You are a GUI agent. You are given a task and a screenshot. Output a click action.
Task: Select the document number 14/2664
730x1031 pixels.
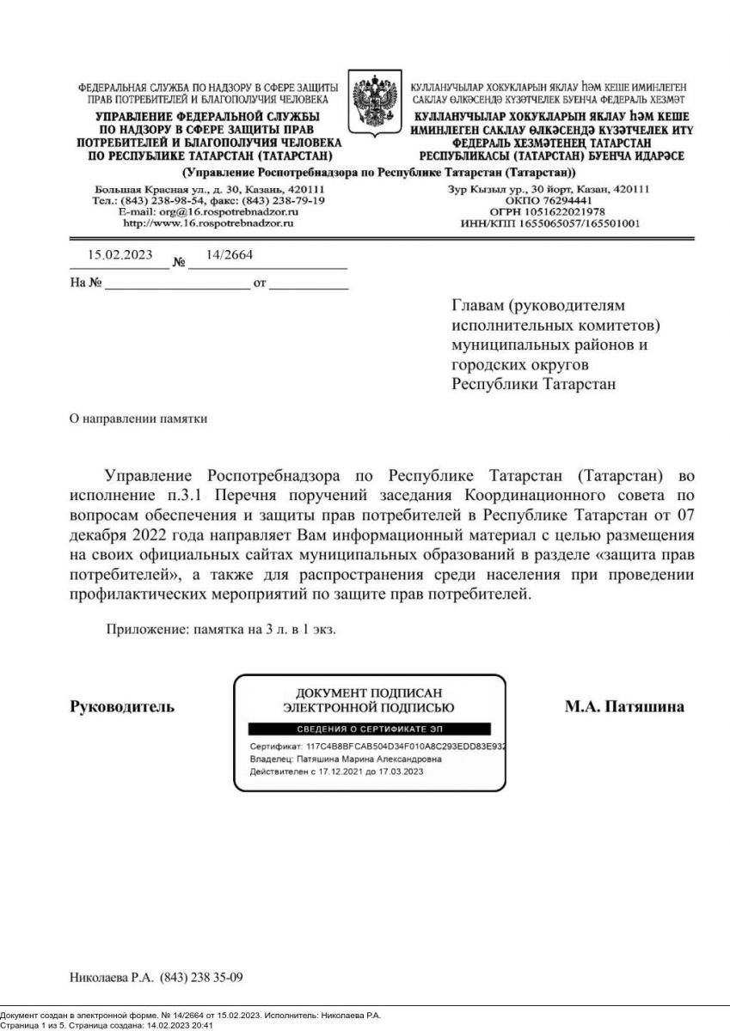230,254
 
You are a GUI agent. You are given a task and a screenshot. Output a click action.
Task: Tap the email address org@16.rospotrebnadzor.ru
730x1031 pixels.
209,211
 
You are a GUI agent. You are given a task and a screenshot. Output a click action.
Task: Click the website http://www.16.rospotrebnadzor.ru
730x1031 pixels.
209,223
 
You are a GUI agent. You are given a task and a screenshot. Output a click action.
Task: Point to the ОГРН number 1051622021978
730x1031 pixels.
547,211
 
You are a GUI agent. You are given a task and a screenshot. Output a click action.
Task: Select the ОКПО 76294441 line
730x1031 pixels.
547,200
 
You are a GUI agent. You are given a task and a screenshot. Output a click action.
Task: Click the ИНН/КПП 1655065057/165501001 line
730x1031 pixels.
547,223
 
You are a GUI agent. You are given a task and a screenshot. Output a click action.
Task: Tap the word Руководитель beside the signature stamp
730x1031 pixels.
121,707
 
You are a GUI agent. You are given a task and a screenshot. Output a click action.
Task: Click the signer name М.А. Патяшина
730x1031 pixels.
624,707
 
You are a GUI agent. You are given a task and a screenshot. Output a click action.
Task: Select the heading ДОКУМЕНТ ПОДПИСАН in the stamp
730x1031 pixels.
369,693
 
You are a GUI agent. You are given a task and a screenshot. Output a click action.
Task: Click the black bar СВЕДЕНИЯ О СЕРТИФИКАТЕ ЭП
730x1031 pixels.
369,729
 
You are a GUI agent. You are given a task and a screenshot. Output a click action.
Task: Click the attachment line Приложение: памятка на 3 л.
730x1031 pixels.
220,629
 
